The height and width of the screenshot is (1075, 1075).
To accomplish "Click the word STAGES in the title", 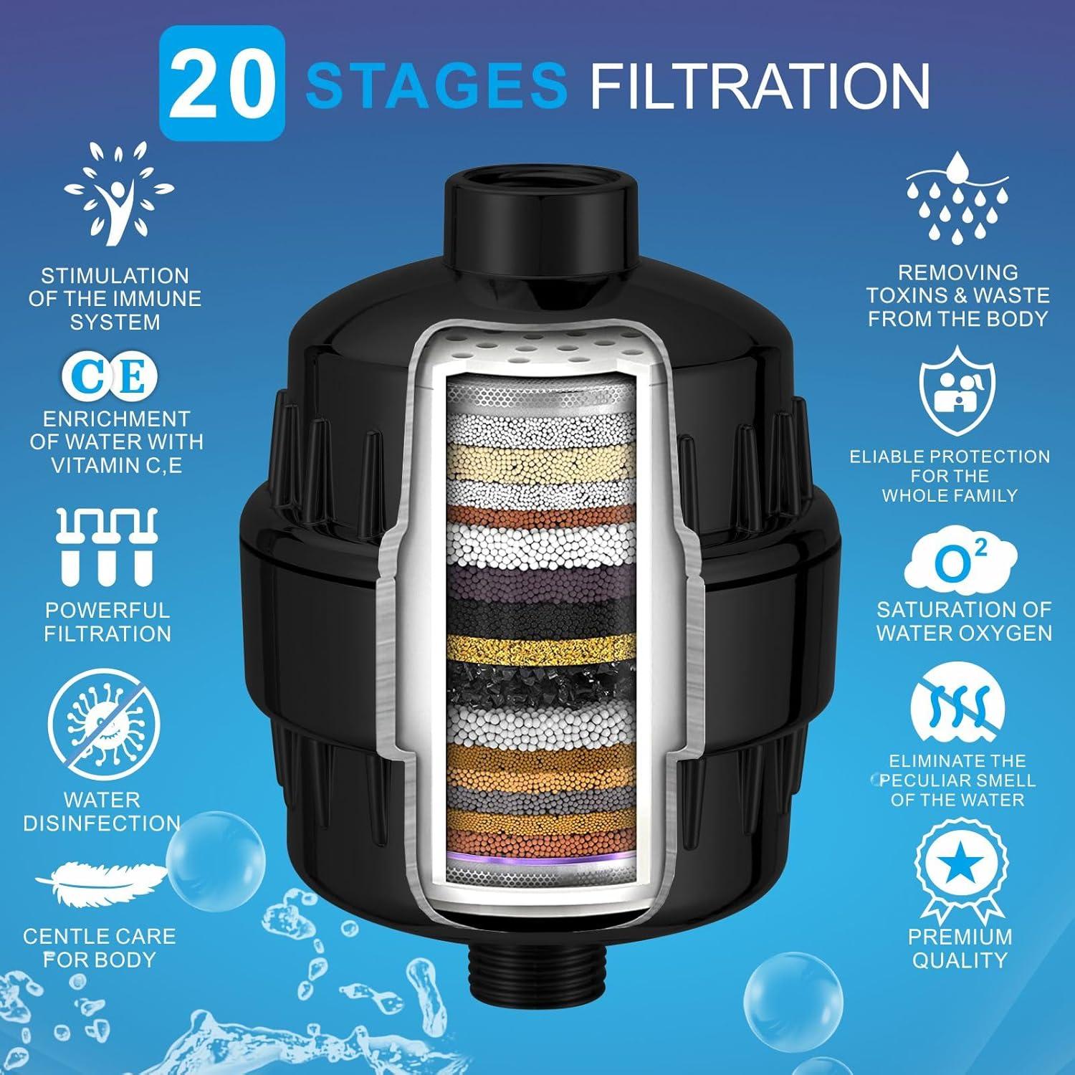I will (436, 85).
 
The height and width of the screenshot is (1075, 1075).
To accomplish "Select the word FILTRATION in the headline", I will (759, 85).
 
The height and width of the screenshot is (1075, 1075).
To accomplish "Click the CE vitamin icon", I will (108, 376).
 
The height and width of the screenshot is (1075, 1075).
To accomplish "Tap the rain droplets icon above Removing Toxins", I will (957, 196).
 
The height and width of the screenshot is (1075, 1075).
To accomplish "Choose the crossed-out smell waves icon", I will (957, 706).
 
